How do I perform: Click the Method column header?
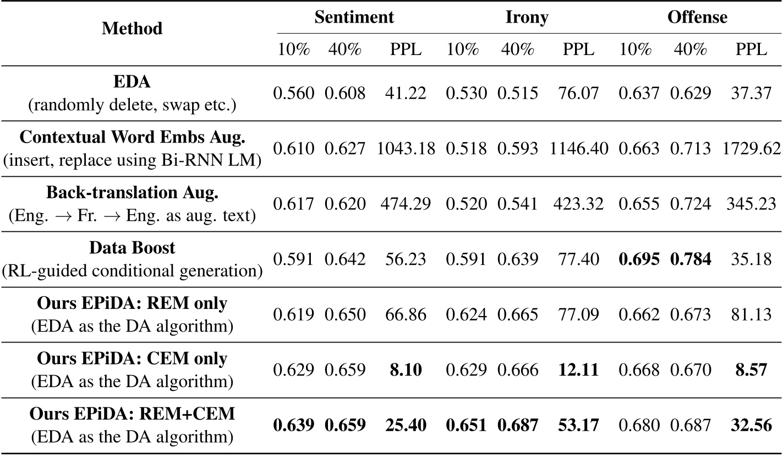pyautogui.click(x=132, y=29)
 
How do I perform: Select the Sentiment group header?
pyautogui.click(x=354, y=17)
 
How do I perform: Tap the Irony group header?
pyautogui.click(x=527, y=17)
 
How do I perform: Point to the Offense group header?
pyautogui.click(x=697, y=17)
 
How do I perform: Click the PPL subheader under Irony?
pyautogui.click(x=578, y=49)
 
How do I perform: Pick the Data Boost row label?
pyautogui.click(x=132, y=247)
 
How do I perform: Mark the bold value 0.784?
pyautogui.click(x=691, y=258)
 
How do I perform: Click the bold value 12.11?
pyautogui.click(x=578, y=368)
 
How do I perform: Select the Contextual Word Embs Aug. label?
pyautogui.click(x=132, y=137)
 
